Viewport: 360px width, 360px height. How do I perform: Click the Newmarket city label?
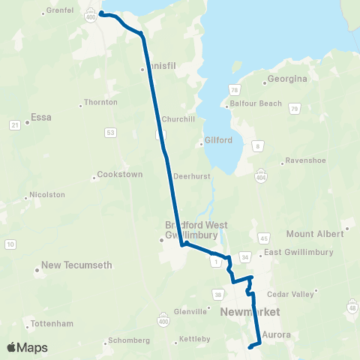pos(250,311)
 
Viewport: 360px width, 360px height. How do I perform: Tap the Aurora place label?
pos(277,334)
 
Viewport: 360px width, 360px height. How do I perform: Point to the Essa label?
pos(40,118)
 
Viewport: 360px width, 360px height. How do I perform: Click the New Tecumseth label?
pos(76,265)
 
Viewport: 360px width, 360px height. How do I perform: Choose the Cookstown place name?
pos(119,175)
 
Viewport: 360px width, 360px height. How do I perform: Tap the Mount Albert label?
pos(315,234)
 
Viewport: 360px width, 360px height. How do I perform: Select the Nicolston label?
pos(47,194)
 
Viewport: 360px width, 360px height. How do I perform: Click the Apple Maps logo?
pos(27,347)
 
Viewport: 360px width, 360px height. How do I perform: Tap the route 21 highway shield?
pos(14,124)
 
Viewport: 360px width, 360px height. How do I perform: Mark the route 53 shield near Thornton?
pos(111,132)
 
